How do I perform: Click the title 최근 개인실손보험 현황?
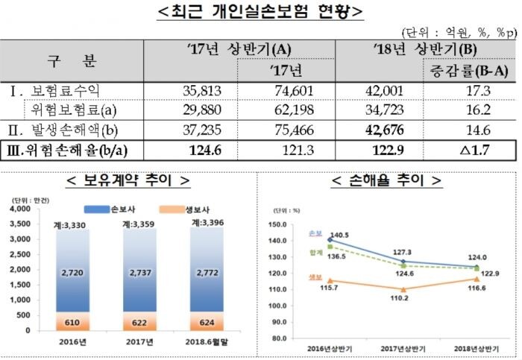(x=261, y=13)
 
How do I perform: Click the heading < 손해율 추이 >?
(x=386, y=181)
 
